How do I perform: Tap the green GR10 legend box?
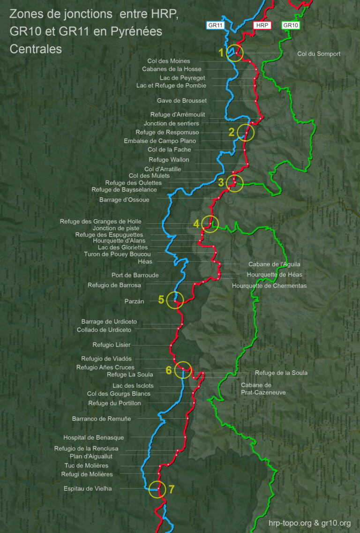pyautogui.click(x=290, y=25)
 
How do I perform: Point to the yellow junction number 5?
pyautogui.click(x=161, y=300)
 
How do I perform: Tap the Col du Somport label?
pyautogui.click(x=319, y=54)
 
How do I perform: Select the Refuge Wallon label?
pyautogui.click(x=169, y=160)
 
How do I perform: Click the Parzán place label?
pyautogui.click(x=135, y=301)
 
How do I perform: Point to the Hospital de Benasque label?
pyautogui.click(x=94, y=437)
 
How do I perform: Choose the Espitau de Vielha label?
pyautogui.click(x=91, y=488)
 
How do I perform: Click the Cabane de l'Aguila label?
pyautogui.click(x=274, y=264)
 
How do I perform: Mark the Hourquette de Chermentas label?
pyautogui.click(x=269, y=285)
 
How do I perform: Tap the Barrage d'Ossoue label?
pyautogui.click(x=124, y=200)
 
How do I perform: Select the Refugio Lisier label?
pyautogui.click(x=112, y=345)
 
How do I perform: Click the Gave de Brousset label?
pyautogui.click(x=181, y=100)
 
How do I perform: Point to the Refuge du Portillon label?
pyautogui.click(x=114, y=403)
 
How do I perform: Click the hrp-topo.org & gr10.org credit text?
pyautogui.click(x=310, y=523)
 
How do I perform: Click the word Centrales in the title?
pyautogui.click(x=35, y=49)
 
